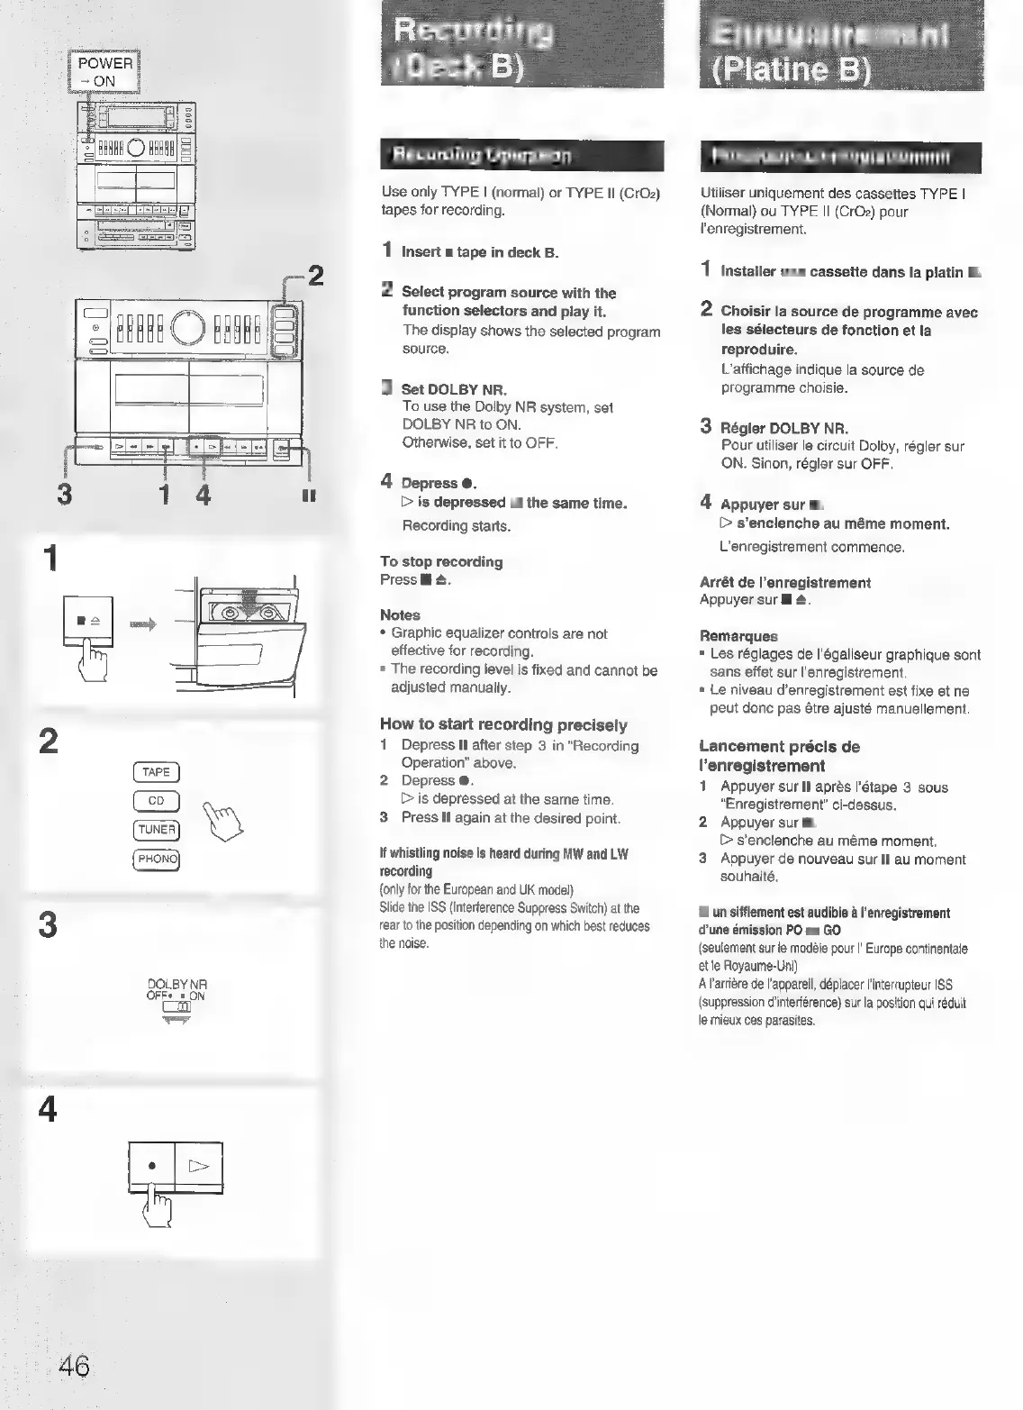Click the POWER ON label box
tap(104, 72)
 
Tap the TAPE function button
tap(156, 772)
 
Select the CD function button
tap(156, 801)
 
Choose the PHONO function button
tap(157, 859)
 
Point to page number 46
tap(75, 1367)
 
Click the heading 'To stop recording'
tap(441, 562)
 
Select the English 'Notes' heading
tap(400, 615)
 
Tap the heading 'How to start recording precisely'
tap(503, 724)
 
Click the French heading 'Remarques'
tap(738, 636)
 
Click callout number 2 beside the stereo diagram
tap(314, 277)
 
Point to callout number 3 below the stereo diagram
tap(64, 496)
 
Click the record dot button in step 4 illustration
tap(152, 1166)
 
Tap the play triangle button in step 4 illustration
tap(198, 1167)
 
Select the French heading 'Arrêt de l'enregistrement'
tap(784, 583)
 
